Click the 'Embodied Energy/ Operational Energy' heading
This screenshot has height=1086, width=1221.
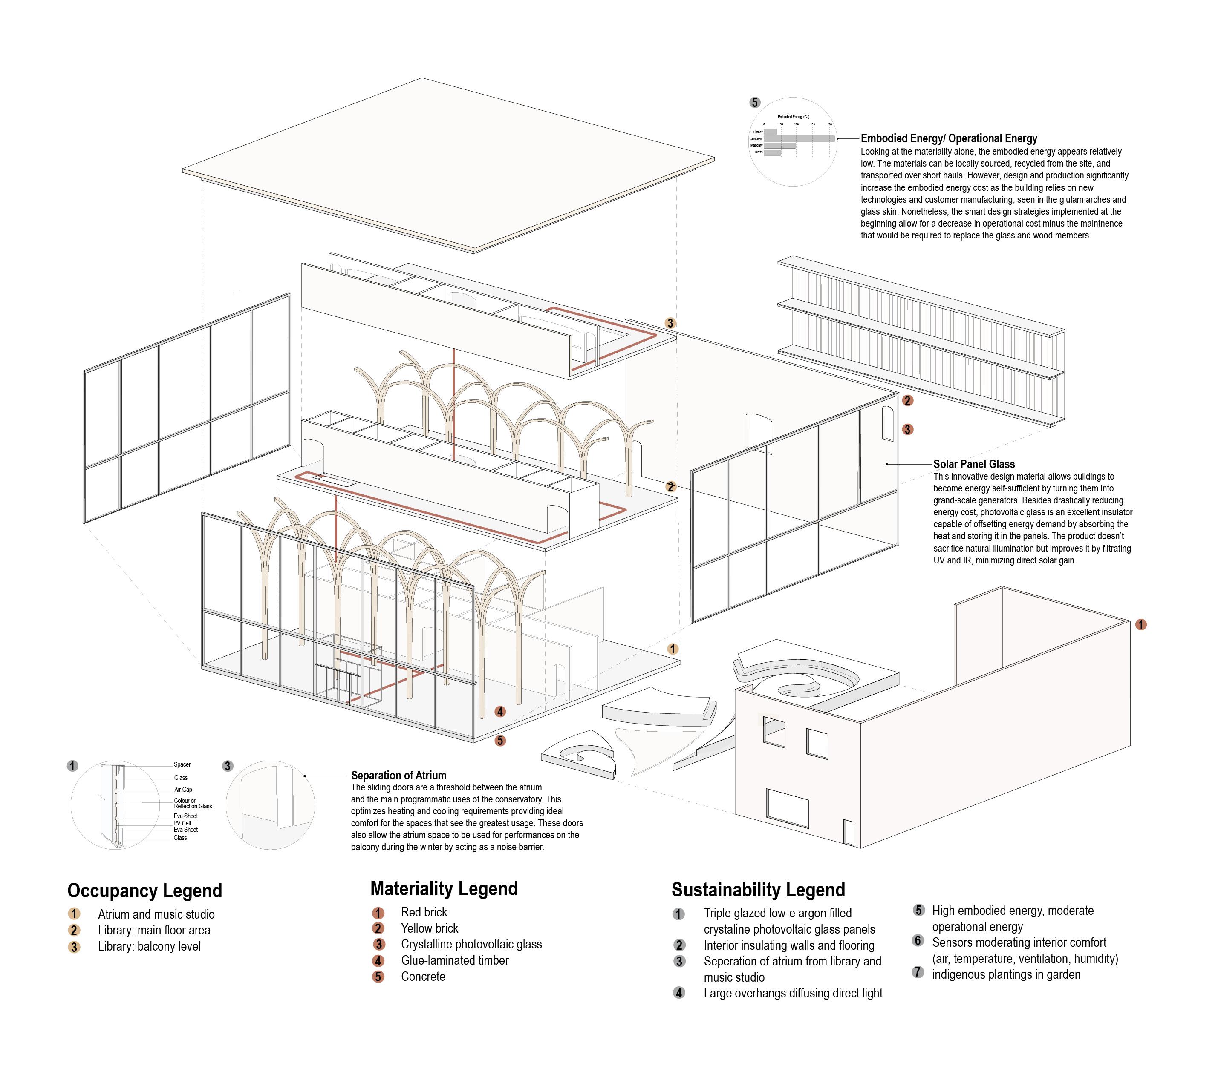[x=949, y=138]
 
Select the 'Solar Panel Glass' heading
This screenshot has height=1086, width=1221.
[x=974, y=464]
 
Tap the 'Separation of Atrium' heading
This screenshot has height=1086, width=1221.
[x=398, y=776]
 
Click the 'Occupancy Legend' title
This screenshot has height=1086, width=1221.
[x=144, y=891]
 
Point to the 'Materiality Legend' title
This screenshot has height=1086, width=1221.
[x=444, y=888]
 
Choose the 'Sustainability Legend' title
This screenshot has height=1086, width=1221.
[x=758, y=890]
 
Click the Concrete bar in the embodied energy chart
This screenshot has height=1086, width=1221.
[x=799, y=138]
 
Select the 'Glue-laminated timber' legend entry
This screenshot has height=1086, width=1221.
[x=455, y=961]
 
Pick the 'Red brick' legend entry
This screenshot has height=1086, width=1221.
[x=424, y=912]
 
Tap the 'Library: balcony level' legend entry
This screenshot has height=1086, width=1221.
[x=149, y=946]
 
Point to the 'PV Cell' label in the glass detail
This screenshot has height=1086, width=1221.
[x=182, y=823]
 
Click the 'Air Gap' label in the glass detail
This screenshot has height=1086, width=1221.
[x=183, y=789]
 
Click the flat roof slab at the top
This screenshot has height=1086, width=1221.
[x=448, y=164]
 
